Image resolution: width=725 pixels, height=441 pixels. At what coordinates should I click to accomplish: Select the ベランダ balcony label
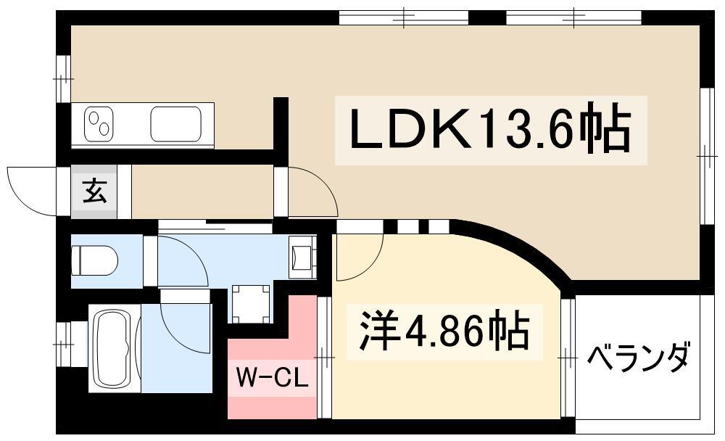[638, 358]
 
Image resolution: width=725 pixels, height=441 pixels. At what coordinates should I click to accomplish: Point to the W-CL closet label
[273, 377]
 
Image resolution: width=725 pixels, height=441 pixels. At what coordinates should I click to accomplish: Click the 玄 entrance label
[94, 191]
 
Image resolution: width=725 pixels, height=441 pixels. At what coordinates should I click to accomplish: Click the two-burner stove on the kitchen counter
[99, 124]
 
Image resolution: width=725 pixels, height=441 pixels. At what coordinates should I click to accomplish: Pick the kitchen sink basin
[178, 124]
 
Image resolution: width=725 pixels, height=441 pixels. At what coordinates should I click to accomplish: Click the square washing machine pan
[251, 302]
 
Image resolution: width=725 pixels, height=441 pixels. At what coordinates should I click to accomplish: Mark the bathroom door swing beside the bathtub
[185, 326]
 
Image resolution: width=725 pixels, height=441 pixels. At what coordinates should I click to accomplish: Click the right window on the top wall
[573, 17]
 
